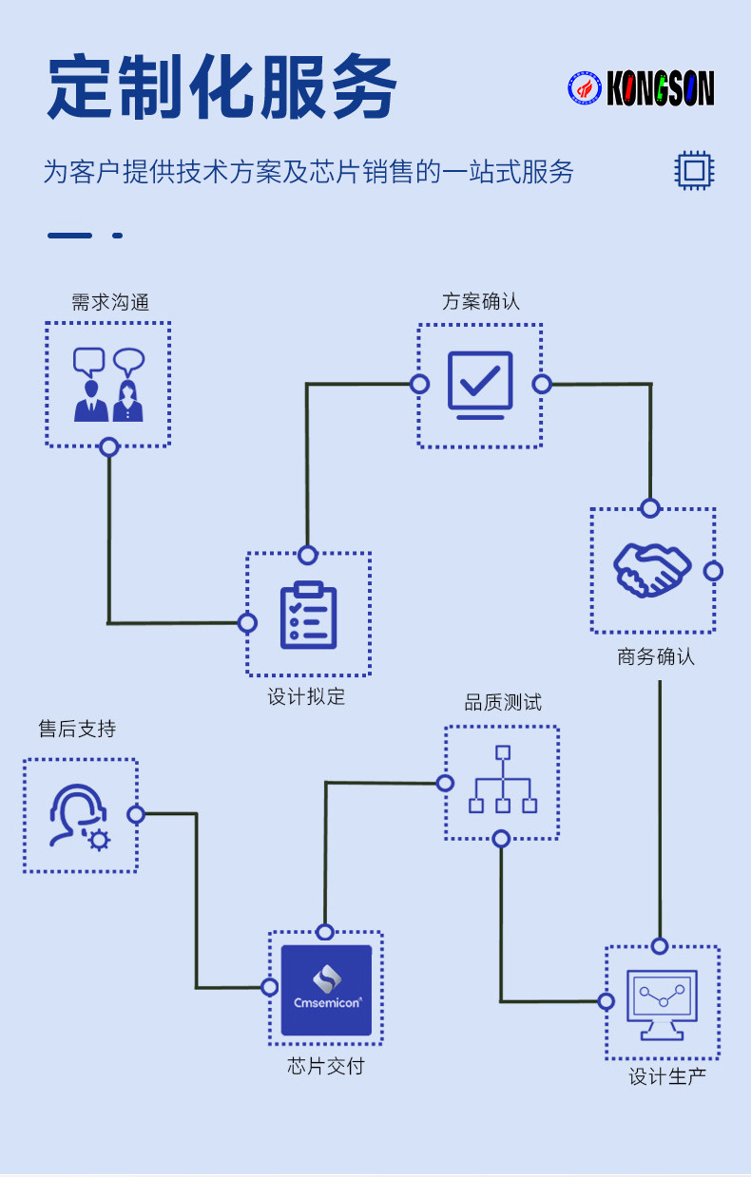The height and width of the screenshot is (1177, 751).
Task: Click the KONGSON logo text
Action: (661, 89)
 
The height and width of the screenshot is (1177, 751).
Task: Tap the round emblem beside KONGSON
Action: (586, 89)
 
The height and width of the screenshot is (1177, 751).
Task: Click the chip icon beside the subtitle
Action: (694, 171)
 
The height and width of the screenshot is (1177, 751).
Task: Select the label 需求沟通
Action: (110, 302)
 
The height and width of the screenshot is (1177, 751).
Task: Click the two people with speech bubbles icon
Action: (108, 384)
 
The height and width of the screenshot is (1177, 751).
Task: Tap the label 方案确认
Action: (481, 302)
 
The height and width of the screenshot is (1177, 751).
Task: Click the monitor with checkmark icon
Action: (480, 385)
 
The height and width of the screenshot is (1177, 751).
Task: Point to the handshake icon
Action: (652, 570)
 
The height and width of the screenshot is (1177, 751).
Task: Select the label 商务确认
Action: (656, 656)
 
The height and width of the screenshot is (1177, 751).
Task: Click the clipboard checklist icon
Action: (308, 615)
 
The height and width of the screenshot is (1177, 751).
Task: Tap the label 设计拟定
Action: (307, 696)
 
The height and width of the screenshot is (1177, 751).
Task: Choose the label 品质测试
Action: (503, 703)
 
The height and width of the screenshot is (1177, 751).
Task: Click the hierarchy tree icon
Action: (503, 781)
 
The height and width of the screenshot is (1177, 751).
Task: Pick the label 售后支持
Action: (77, 729)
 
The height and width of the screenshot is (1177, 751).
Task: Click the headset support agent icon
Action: (79, 815)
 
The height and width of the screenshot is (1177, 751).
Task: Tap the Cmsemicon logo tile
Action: (326, 990)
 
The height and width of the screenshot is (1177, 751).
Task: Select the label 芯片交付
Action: (326, 1066)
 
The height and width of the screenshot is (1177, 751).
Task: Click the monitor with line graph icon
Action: (663, 1002)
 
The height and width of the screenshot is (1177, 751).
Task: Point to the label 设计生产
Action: (667, 1076)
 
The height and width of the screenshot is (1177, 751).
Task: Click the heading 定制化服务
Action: (221, 87)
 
